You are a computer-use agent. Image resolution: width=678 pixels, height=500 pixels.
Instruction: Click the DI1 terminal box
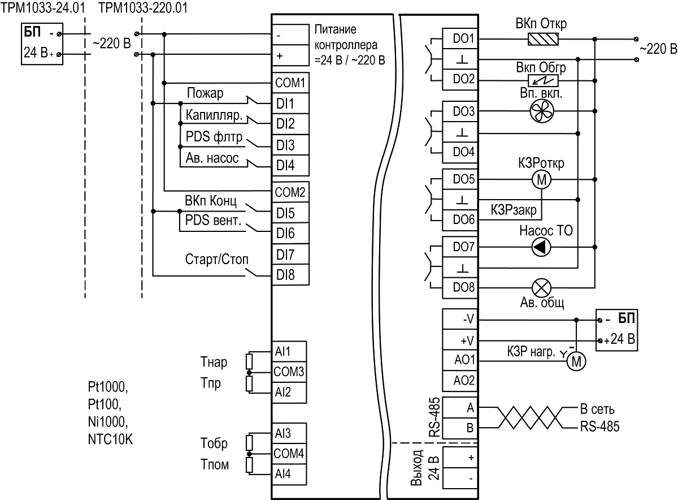tap(290, 104)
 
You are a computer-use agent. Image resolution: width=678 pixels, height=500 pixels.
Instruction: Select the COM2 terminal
tap(290, 192)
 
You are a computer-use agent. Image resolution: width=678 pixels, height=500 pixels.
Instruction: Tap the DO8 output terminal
tap(460, 287)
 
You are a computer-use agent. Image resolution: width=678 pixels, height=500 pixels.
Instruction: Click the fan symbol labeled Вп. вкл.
tap(542, 111)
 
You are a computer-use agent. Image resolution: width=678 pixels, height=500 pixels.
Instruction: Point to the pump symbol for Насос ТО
tap(541, 247)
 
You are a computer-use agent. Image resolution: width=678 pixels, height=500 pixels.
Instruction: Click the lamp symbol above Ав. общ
tap(541, 288)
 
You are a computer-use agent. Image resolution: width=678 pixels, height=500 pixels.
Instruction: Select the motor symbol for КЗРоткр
tap(541, 180)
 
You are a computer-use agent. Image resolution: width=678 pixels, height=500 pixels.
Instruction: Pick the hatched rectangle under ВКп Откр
tap(543, 39)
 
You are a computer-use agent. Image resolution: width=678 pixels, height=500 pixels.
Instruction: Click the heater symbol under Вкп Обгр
tap(543, 81)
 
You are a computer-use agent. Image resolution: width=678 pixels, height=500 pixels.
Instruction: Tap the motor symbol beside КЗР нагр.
tap(576, 361)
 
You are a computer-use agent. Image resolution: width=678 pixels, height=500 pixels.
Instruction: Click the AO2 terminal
tap(460, 381)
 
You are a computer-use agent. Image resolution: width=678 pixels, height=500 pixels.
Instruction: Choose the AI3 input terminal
tap(289, 433)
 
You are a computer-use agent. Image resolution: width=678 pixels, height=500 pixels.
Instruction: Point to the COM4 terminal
tap(289, 454)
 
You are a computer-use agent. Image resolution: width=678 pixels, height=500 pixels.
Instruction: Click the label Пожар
tap(205, 93)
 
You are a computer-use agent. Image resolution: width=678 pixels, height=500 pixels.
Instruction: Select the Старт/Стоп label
tap(217, 260)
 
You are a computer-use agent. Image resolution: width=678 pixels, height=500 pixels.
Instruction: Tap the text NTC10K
tap(110, 439)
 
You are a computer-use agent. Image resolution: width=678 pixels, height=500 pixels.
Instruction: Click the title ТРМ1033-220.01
tap(143, 8)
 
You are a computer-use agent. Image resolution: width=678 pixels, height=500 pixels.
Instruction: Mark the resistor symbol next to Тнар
tap(249, 361)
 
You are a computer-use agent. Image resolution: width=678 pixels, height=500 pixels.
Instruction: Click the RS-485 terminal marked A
tap(460, 408)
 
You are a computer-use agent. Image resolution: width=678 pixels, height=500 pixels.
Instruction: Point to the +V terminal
tap(460, 340)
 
